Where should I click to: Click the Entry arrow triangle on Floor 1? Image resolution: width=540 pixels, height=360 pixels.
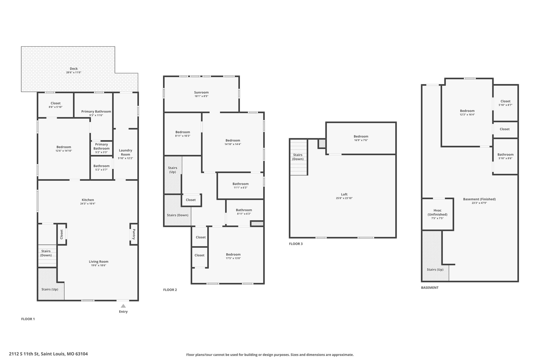point(123,306)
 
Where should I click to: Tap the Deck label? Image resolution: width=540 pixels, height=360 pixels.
point(74,69)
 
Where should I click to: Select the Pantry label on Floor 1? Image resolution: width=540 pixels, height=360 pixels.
point(134,234)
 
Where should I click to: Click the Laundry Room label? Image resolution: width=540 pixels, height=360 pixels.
point(126,152)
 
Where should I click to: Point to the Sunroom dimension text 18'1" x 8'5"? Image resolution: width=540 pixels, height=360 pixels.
point(201,96)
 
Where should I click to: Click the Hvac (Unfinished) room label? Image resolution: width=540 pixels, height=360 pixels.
point(437,212)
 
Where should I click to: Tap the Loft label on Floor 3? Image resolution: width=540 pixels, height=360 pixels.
point(344,194)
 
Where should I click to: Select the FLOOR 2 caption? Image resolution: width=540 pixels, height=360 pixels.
point(170,290)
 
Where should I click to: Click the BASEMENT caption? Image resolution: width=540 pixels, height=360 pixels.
point(430,287)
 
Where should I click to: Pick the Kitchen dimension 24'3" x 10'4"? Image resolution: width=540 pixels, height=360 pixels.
point(88,204)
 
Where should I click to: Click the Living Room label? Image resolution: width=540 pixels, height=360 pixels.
point(99,262)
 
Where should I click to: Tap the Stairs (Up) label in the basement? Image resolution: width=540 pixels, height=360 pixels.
point(435,270)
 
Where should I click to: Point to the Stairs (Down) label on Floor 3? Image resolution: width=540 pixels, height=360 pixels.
point(298,157)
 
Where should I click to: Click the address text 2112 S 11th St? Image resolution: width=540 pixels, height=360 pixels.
point(24,354)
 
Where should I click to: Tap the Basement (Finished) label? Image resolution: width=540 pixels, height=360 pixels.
point(479,199)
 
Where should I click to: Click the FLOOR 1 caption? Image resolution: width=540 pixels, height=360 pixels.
point(28,319)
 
